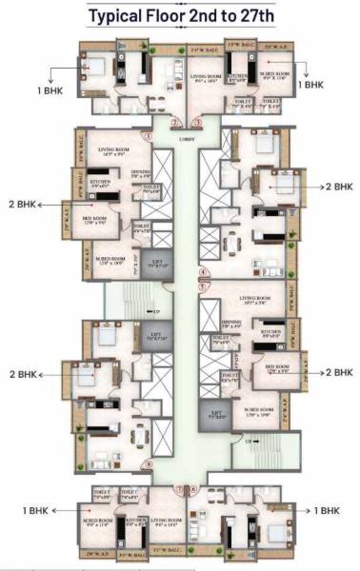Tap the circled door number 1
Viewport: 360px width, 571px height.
[x=149, y=135]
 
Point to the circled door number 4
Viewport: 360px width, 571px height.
[x=203, y=273]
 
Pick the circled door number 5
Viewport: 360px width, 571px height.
[x=203, y=284]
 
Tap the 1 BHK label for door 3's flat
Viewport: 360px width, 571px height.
[x=311, y=85]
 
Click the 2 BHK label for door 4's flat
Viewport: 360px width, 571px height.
[x=340, y=187]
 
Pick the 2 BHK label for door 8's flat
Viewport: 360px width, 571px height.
[x=23, y=374]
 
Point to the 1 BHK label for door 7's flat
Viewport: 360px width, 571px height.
[x=37, y=511]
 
